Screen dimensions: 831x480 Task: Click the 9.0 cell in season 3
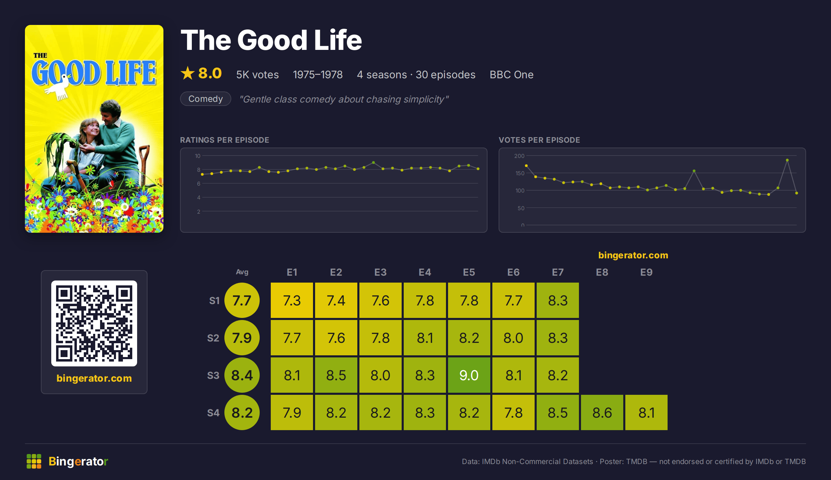[x=469, y=375]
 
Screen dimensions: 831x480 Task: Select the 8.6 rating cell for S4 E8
[x=602, y=412]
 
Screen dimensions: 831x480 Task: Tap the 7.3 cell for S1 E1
[x=292, y=300]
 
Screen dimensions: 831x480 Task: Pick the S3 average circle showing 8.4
[x=242, y=375]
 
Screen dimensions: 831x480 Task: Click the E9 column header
[x=646, y=272]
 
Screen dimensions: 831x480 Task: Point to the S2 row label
[x=213, y=338]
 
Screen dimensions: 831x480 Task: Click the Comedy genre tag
[x=206, y=99]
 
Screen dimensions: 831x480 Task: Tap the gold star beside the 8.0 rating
[x=188, y=73]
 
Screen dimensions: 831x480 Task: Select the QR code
[x=94, y=323]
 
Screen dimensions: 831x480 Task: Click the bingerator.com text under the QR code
[x=94, y=378]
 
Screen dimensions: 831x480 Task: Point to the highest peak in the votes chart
[x=787, y=160]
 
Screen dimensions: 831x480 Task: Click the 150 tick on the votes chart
[x=520, y=173]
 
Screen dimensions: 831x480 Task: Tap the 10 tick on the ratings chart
[x=198, y=156]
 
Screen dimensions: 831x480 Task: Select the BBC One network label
[x=511, y=74]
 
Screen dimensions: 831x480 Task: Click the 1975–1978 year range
[x=318, y=74]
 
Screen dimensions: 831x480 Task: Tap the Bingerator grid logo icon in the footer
[x=34, y=461]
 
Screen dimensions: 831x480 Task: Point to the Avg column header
[x=242, y=272]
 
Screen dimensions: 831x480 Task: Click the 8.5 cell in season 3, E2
[x=336, y=375]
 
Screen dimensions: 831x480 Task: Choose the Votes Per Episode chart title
[x=539, y=140]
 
